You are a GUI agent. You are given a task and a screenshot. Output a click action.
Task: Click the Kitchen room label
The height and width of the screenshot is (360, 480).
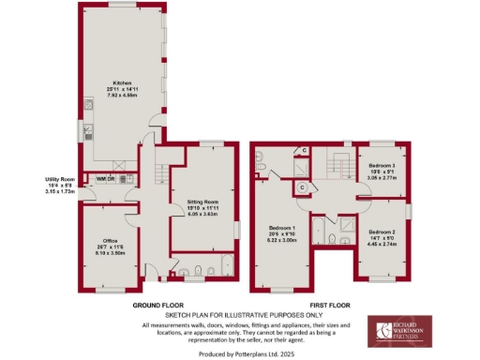(x=120, y=82)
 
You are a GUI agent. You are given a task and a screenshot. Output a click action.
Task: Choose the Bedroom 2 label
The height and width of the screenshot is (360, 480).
(x=382, y=231)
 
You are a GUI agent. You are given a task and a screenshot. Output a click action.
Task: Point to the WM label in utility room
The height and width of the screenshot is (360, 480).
(x=100, y=178)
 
